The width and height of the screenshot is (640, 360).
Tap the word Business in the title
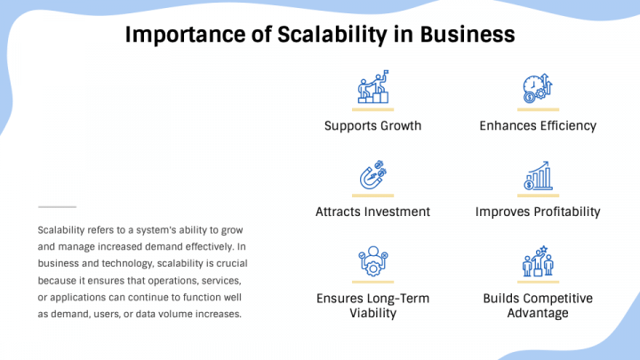468,35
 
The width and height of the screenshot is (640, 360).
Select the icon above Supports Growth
372,89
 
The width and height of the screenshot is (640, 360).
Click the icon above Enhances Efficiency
538,89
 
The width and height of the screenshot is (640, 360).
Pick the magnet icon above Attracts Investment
372,175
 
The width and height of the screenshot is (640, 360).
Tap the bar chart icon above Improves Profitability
538,175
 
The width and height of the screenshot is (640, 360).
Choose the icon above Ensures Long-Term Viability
372,262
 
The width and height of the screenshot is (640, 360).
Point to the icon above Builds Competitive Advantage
538,262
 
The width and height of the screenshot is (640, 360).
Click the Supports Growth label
372,125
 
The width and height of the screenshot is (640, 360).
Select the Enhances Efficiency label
538,125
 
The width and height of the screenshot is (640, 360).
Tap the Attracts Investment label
372,212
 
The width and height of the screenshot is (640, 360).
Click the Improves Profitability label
538,212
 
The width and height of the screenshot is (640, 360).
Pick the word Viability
372,313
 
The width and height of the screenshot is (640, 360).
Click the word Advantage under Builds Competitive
538,313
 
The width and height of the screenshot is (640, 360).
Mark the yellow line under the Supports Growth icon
372,108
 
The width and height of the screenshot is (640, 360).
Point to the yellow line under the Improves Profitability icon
538,195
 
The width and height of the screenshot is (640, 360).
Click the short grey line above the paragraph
57,206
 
